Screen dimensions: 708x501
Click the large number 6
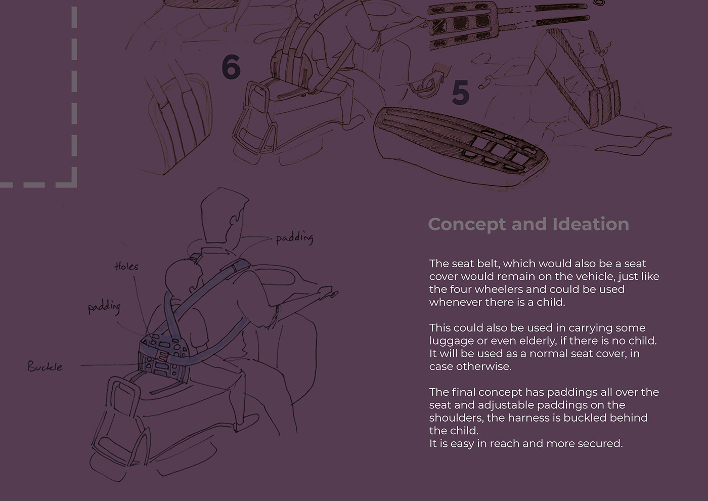pyautogui.click(x=231, y=66)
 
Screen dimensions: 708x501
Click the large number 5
pyautogui.click(x=460, y=92)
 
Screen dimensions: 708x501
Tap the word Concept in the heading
pyautogui.click(x=467, y=225)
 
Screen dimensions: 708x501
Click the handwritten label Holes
pyautogui.click(x=126, y=266)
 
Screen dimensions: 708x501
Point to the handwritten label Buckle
pyautogui.click(x=45, y=366)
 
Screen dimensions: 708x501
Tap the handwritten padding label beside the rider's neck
pyautogui.click(x=294, y=238)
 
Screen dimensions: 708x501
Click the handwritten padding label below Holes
pyautogui.click(x=104, y=308)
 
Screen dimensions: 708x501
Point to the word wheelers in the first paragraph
pyautogui.click(x=509, y=289)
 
